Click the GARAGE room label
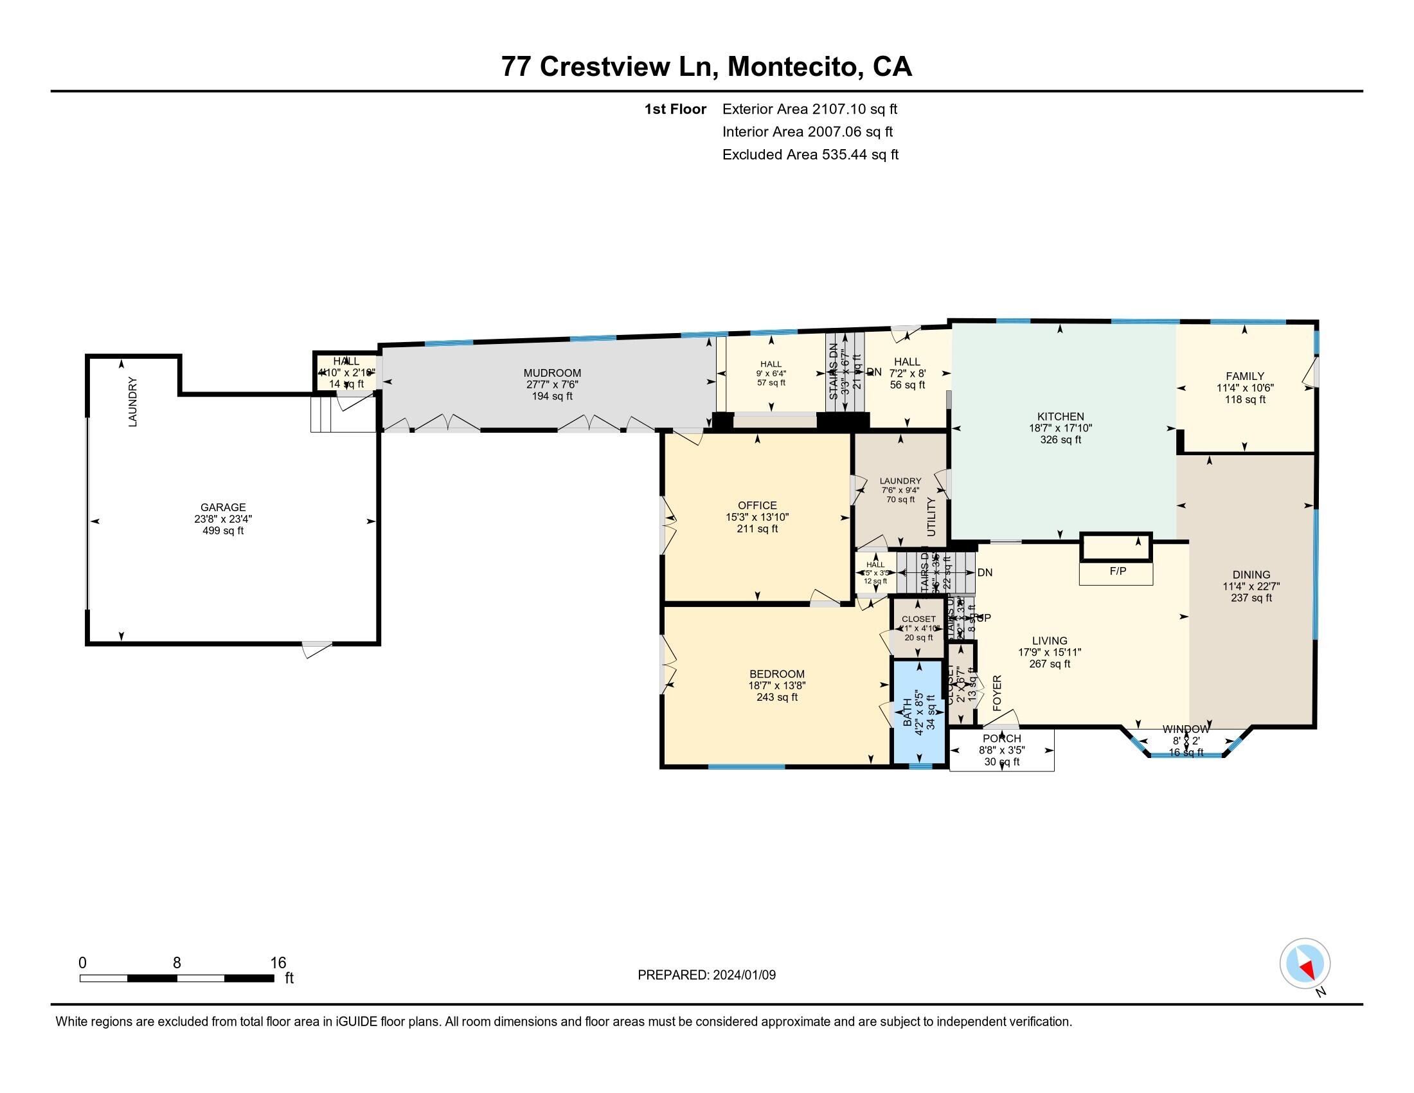223,507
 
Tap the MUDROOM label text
552,373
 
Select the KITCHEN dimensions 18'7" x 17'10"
1060,428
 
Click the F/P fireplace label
1118,572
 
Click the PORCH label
1001,738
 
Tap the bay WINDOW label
1185,729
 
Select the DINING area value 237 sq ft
1251,598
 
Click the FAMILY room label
1244,376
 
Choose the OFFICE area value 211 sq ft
757,529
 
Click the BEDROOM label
777,674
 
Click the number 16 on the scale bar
278,963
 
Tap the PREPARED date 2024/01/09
743,975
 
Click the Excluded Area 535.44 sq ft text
810,155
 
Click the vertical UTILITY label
931,517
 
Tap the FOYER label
997,694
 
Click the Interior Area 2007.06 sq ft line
807,132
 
